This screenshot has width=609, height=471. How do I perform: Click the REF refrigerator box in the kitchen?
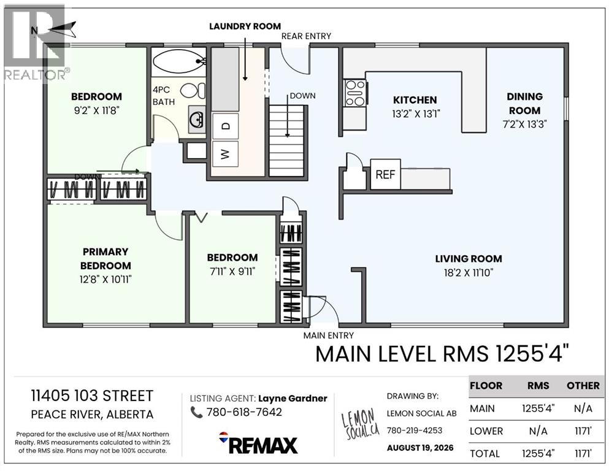(x=385, y=174)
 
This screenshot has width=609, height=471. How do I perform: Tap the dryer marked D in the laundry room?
(x=225, y=126)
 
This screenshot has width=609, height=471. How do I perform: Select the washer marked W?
(x=225, y=154)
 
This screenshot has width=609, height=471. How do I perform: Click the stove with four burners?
(x=355, y=93)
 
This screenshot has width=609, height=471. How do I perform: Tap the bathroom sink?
(x=197, y=119)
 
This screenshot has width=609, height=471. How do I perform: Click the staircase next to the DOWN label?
(x=286, y=141)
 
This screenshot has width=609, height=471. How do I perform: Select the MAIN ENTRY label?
(x=329, y=335)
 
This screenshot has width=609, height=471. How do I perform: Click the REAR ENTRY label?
(x=306, y=36)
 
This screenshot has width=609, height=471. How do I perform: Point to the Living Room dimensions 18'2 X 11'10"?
(x=469, y=272)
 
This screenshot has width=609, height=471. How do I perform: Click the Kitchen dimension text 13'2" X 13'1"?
(x=415, y=114)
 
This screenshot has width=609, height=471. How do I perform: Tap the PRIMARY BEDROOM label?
(x=105, y=259)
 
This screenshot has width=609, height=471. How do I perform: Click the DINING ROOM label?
(x=524, y=103)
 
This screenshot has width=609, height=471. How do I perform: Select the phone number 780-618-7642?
(x=244, y=412)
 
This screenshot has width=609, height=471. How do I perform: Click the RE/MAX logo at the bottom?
(x=258, y=443)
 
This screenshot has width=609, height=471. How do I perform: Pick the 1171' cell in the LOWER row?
(x=583, y=431)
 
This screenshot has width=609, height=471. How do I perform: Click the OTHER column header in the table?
(x=583, y=386)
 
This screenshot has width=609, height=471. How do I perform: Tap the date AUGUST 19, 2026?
(x=420, y=448)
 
